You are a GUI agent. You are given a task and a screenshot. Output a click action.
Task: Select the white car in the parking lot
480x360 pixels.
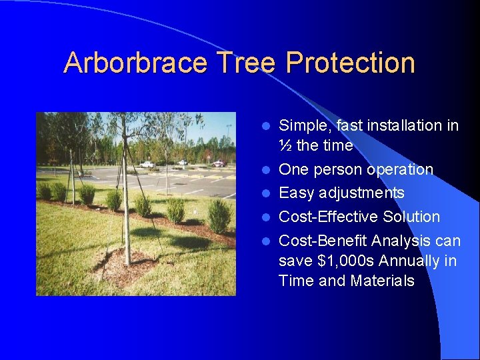147,164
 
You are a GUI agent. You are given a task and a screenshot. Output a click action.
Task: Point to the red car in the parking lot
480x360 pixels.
217,163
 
